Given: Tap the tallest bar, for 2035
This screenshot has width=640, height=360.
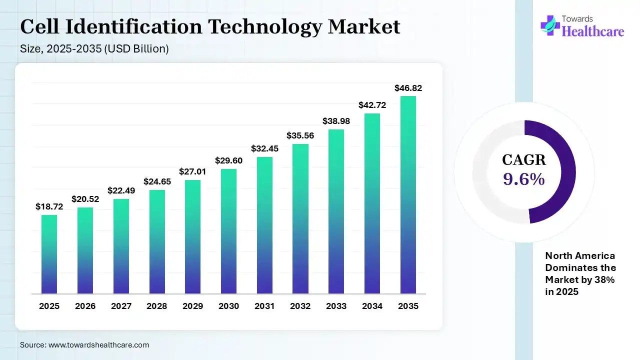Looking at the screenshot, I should [408, 194].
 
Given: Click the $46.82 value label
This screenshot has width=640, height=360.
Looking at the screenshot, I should [408, 88].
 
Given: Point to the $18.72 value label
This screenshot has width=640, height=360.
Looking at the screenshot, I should [49, 206].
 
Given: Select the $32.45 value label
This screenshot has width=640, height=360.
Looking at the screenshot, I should [264, 148].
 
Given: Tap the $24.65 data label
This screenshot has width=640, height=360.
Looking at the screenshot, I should [157, 181].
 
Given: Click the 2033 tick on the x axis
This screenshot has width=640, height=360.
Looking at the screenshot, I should [336, 306].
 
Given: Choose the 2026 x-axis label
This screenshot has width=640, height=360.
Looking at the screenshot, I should [85, 306].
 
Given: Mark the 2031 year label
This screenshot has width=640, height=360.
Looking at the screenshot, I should [264, 306].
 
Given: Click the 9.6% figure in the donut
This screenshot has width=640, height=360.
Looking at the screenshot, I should [524, 179].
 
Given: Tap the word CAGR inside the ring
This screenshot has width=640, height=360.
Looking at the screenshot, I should [524, 160].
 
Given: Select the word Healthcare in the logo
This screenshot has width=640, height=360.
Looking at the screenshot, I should [593, 31].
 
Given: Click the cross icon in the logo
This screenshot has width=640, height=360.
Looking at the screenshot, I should [550, 25].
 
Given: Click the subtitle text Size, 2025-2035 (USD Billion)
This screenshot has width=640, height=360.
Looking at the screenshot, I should [94, 49].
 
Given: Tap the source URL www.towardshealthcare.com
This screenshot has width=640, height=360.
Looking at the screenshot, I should [98, 344].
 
